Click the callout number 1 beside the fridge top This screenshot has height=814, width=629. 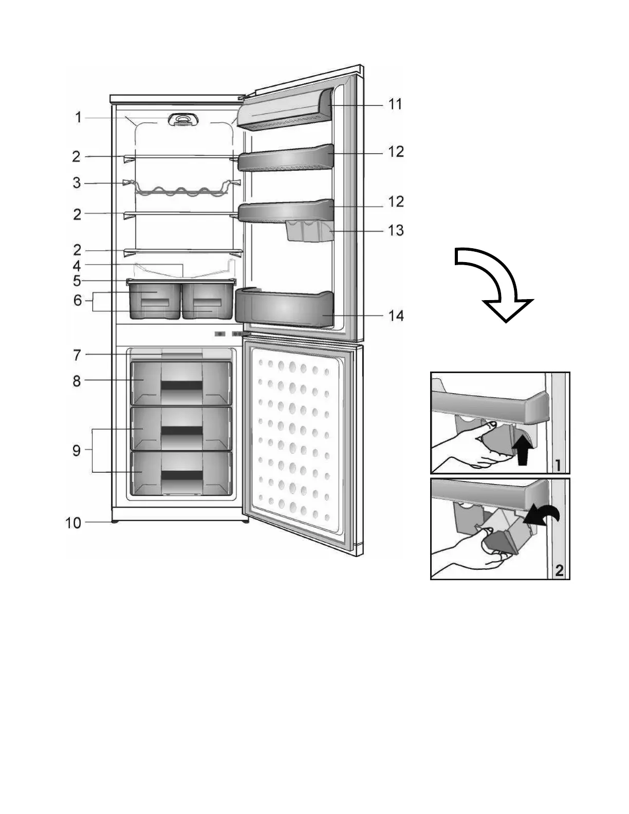pyautogui.click(x=78, y=118)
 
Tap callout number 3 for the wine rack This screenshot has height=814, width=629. pyautogui.click(x=77, y=183)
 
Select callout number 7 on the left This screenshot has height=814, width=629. pyautogui.click(x=77, y=355)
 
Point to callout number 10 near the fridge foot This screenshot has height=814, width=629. pyautogui.click(x=73, y=523)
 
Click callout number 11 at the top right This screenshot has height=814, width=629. pyautogui.click(x=395, y=104)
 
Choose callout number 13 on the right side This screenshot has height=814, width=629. pyautogui.click(x=396, y=230)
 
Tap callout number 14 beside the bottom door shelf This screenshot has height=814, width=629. pyautogui.click(x=396, y=315)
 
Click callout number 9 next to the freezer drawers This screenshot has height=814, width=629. pyautogui.click(x=77, y=451)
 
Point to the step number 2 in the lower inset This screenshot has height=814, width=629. pyautogui.click(x=559, y=569)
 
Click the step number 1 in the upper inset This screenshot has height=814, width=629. pyautogui.click(x=559, y=466)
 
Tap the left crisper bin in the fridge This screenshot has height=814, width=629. pyautogui.click(x=154, y=300)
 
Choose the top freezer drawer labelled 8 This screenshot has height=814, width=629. pyautogui.click(x=181, y=383)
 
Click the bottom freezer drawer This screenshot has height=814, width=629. pyautogui.click(x=181, y=473)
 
